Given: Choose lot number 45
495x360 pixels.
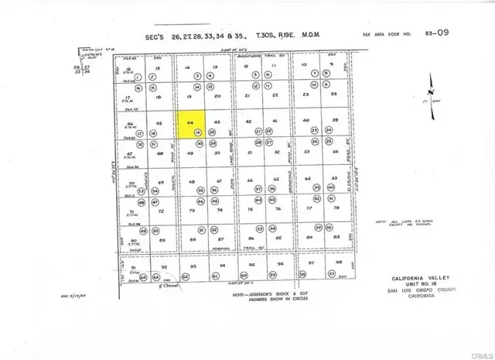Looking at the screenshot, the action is pyautogui.click(x=159, y=123).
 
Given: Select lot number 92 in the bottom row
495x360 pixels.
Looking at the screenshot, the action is pyautogui.click(x=163, y=266).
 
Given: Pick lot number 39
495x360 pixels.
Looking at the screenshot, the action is pyautogui.click(x=336, y=120).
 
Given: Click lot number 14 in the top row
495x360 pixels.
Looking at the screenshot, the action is pyautogui.click(x=187, y=68).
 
